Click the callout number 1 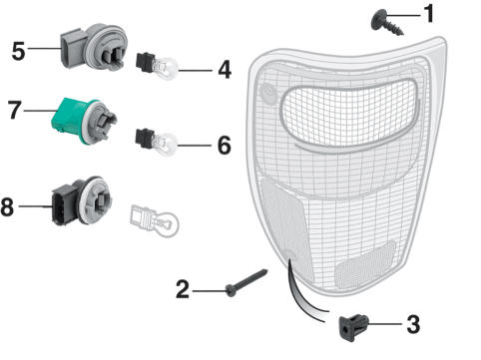[430, 14]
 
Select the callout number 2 [183, 289]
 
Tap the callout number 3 [413, 324]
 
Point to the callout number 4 [225, 70]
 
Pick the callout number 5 [18, 51]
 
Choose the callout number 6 [225, 145]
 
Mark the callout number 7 [14, 110]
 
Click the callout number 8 [7, 206]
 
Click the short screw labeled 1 [386, 23]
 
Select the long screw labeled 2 [246, 282]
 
